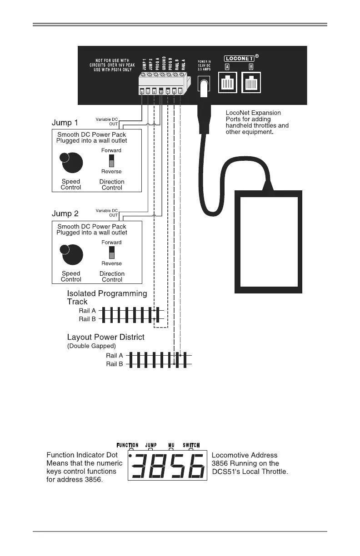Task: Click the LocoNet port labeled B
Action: [x=251, y=83]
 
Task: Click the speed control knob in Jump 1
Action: [x=71, y=162]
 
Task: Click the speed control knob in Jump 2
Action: [x=71, y=254]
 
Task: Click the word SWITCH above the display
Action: [x=191, y=445]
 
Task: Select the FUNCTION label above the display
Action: [x=128, y=445]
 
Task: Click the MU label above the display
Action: [x=170, y=445]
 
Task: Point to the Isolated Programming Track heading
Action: [x=107, y=297]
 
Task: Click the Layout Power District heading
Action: [x=105, y=338]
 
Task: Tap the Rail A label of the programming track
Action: [x=87, y=311]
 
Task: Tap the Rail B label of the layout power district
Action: [x=115, y=364]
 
